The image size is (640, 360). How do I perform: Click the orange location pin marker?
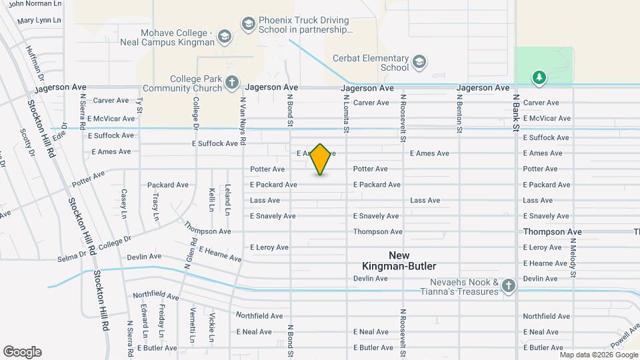pos(321,159)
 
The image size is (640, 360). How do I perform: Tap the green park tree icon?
pos(539,78)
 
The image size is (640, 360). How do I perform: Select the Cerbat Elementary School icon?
pos(419,62)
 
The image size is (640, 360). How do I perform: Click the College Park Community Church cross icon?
pos(231,83)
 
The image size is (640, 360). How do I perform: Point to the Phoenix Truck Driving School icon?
pos(249,25)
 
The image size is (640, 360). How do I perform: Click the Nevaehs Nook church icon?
pos(508,286)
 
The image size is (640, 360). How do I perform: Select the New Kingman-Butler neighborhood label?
pos(399,261)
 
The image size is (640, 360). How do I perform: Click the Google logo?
pos(22,352)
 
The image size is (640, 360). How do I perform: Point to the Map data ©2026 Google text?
pos(598,355)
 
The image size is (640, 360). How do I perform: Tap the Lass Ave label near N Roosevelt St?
pos(425,200)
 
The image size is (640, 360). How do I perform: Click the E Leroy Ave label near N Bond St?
pos(269,247)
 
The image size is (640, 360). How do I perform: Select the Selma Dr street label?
pos(81,255)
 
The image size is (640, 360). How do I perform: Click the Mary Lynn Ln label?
pos(39,21)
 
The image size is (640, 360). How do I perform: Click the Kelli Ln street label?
pos(211,201)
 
